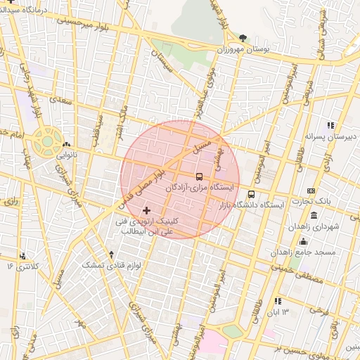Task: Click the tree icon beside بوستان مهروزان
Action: [x=243, y=37]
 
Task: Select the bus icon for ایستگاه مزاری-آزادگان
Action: [x=200, y=176]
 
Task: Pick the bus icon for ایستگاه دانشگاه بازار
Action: [x=252, y=194]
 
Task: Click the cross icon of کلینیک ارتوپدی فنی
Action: [x=146, y=210]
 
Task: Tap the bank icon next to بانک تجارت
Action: [x=311, y=191]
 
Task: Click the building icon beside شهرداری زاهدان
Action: [x=313, y=214]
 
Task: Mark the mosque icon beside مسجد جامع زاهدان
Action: [x=304, y=240]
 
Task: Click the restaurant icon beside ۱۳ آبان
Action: [x=276, y=300]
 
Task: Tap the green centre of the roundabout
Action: [x=47, y=141]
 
